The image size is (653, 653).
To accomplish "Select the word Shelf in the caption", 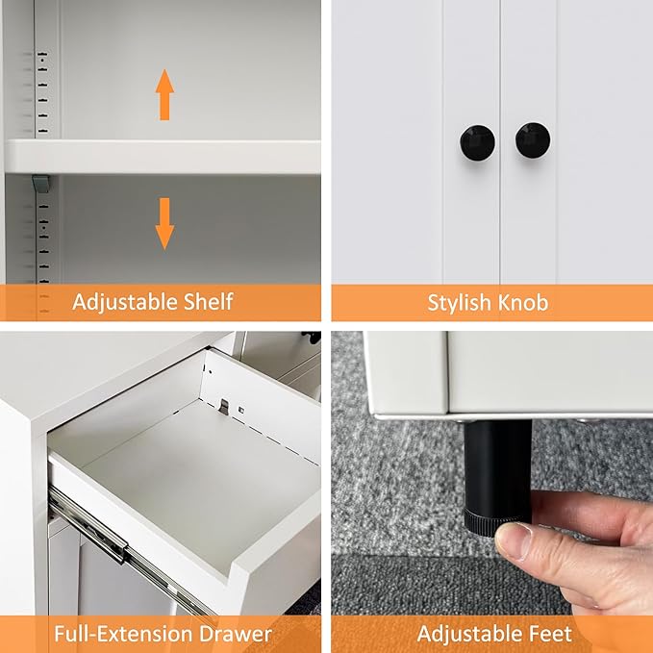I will (207, 302).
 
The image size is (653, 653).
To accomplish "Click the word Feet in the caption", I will (549, 634).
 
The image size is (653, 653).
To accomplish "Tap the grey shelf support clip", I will (39, 182).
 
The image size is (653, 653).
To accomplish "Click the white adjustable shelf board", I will (163, 156).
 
